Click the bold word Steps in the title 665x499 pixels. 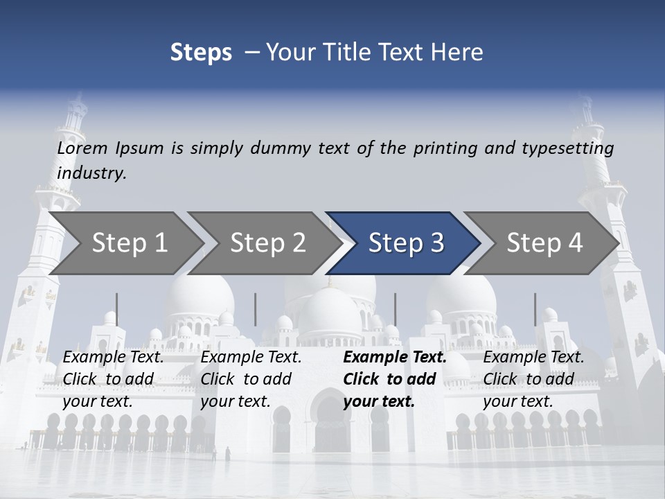point(201,53)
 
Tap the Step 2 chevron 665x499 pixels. point(267,243)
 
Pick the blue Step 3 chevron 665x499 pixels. point(405,243)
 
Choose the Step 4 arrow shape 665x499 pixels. point(544,243)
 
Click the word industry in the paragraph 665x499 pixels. point(91,173)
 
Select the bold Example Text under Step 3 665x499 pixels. point(395,358)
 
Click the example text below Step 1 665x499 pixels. point(113,379)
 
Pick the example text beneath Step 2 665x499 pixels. point(251,379)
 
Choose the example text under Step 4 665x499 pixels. point(533,379)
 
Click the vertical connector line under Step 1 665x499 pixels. point(116,309)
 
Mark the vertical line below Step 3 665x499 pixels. point(395,309)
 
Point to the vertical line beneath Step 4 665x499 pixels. point(535,309)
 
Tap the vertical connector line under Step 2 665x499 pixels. point(256,309)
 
